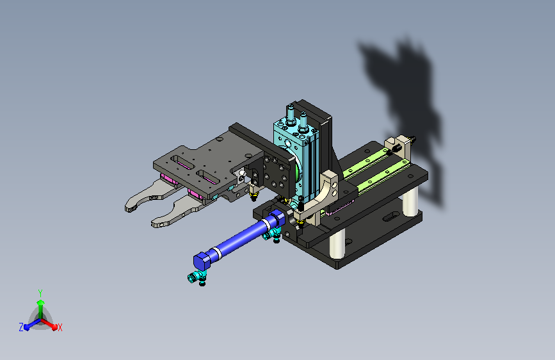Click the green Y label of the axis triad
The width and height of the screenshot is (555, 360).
40,293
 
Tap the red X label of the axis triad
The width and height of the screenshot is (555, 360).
60,328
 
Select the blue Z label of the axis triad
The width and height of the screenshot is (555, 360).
21,327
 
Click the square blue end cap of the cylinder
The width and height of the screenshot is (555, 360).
202,261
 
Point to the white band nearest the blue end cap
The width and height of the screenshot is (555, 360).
216,253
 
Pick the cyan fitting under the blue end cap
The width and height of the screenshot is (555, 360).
196,276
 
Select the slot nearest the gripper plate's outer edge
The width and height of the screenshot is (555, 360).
182,162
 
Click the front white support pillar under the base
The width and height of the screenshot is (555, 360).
337,245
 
